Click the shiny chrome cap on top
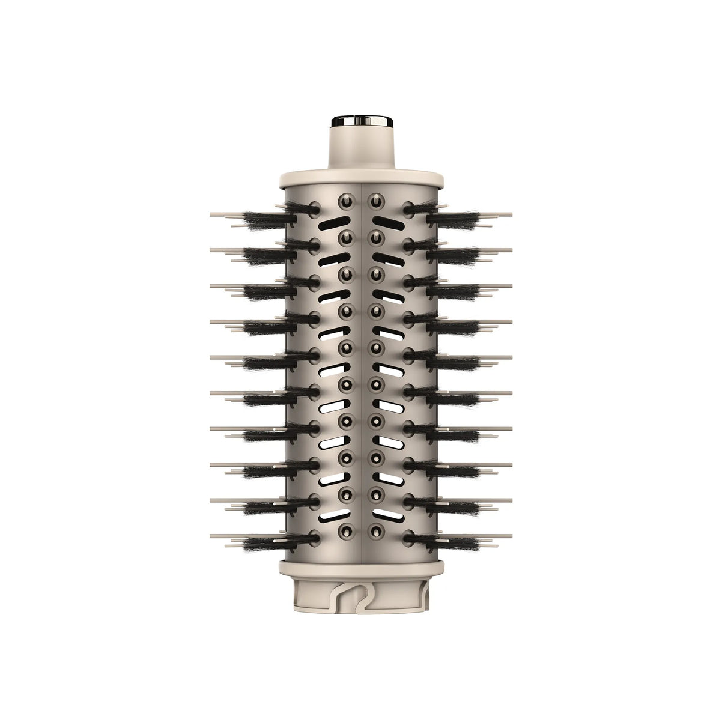362,121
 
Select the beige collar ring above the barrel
362,178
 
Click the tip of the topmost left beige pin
213,214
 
